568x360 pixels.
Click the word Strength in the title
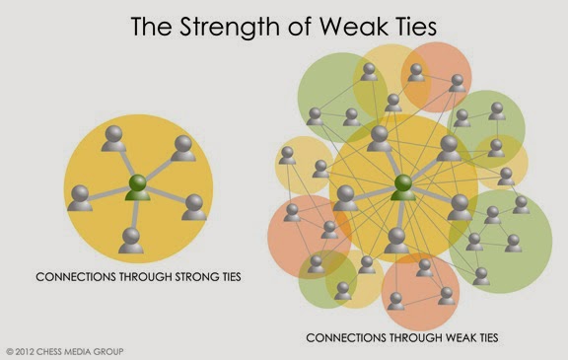pos(230,28)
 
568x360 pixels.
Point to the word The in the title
pos(152,26)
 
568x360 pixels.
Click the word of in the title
pos(301,26)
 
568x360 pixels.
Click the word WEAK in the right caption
pos(461,338)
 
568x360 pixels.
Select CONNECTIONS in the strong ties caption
pos(76,277)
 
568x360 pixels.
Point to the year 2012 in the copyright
pos(25,352)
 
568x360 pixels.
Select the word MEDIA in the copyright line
pos(78,352)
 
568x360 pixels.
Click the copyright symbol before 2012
pos(10,352)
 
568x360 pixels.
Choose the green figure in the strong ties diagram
pos(138,187)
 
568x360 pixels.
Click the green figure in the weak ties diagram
pos(403,187)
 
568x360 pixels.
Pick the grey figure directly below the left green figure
pos(131,241)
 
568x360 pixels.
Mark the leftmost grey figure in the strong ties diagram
pos(80,198)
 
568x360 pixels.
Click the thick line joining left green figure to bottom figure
pos(135,214)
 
